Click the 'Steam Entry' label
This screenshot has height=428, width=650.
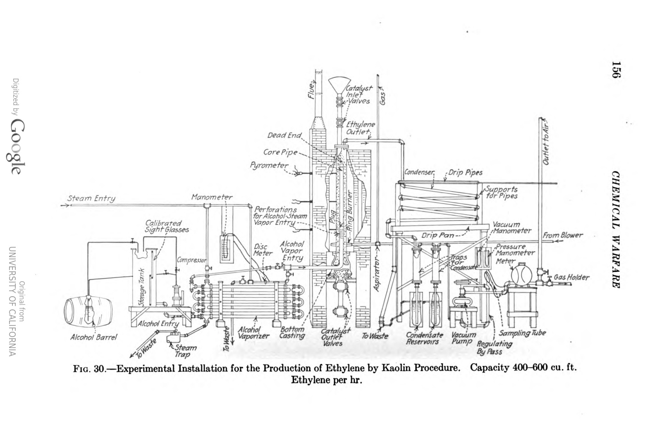91,199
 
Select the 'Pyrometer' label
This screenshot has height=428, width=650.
269,165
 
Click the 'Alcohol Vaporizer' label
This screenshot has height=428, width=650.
253,333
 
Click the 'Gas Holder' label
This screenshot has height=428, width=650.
572,277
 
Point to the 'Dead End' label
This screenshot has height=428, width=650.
284,136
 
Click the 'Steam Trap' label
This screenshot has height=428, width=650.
185,351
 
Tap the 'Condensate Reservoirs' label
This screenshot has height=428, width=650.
424,338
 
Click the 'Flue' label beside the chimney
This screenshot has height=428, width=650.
311,90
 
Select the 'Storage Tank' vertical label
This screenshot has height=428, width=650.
141,281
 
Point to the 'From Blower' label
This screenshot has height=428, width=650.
562,235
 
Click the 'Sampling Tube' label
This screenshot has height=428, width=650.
522,333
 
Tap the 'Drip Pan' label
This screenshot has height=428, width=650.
437,235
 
